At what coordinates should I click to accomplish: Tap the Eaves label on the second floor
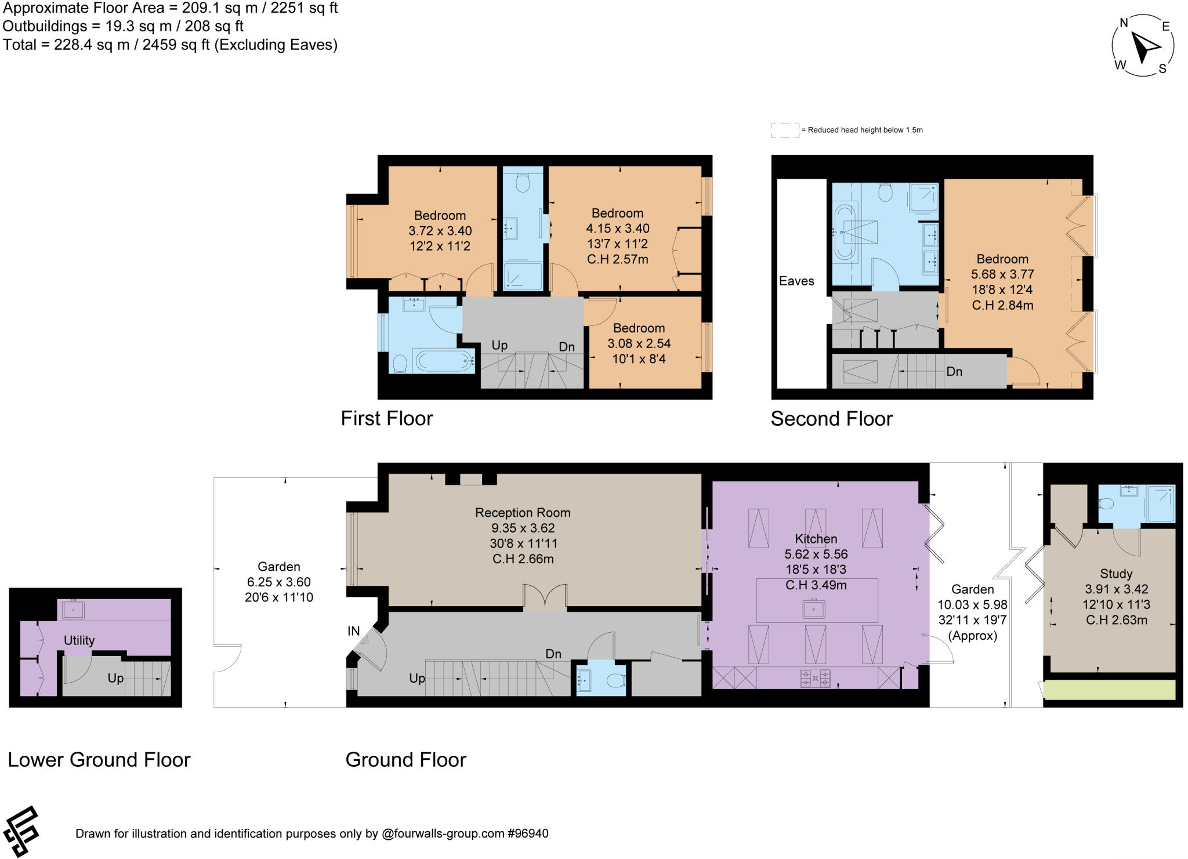[x=796, y=281]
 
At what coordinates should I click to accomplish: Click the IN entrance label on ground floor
[x=354, y=631]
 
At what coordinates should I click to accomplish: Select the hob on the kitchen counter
[x=815, y=677]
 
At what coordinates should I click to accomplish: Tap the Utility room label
[x=79, y=640]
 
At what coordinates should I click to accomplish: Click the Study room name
[x=1116, y=574]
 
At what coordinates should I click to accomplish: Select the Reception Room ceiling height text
[x=523, y=559]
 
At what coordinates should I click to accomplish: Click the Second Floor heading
[x=831, y=419]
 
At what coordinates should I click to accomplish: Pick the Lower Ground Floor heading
[x=99, y=760]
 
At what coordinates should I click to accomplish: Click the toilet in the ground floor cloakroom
[x=617, y=680]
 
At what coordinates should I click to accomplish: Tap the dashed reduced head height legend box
[x=785, y=131]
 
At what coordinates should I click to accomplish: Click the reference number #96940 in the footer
[x=527, y=834]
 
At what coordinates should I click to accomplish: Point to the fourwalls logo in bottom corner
[x=21, y=831]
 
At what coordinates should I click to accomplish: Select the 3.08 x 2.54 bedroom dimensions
[x=639, y=343]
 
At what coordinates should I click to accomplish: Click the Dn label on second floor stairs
[x=954, y=371]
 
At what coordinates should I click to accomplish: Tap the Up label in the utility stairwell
[x=115, y=678]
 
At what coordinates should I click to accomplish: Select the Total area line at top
[x=170, y=45]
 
